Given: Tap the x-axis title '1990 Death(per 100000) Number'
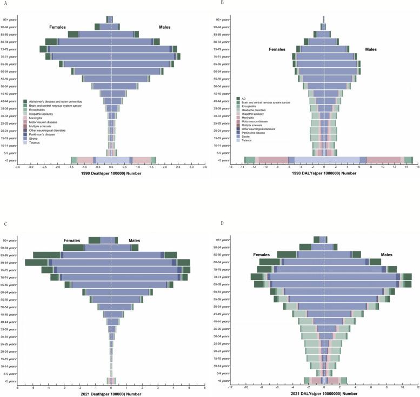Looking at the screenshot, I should (x=111, y=175).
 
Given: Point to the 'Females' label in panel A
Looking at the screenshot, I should (x=58, y=27).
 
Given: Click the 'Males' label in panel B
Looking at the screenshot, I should (x=371, y=50).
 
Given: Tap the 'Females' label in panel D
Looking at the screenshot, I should (x=265, y=255).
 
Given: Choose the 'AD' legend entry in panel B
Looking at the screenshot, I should (x=245, y=99).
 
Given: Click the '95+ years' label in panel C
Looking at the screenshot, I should (x=10, y=240).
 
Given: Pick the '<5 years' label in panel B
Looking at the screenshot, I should (x=223, y=160).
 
